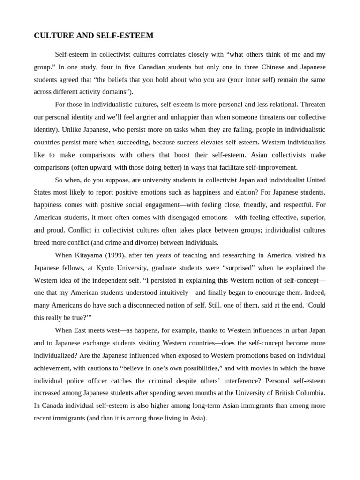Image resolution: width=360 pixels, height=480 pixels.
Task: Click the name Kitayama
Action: point(89,255)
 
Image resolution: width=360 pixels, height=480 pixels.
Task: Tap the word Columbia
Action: point(309,393)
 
